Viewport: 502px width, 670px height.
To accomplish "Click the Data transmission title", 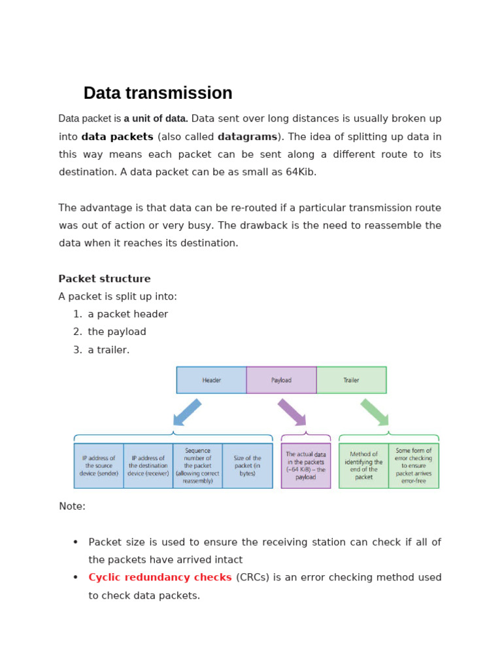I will tap(158, 93).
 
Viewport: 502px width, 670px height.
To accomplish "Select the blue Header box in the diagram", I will tap(211, 379).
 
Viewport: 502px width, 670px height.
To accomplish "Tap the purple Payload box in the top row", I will tap(281, 379).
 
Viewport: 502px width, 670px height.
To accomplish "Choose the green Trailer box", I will tap(351, 379).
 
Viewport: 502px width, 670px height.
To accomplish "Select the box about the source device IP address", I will tap(99, 466).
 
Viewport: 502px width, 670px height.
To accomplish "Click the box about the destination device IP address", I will tap(148, 466).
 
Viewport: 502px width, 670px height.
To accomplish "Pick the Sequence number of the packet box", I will tap(197, 466).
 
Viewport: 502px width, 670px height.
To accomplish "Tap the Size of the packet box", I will tap(247, 466).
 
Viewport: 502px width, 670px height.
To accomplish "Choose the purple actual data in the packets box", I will tap(306, 466).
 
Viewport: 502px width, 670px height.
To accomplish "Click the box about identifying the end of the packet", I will tap(363, 466).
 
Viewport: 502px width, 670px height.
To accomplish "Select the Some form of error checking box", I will tap(414, 466).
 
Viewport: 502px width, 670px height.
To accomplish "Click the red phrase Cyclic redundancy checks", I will tap(160, 577).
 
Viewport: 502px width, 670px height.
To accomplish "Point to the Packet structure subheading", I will tap(105, 279).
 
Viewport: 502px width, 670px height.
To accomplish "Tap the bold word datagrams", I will tap(248, 137).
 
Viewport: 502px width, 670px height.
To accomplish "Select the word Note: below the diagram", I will tap(72, 506).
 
